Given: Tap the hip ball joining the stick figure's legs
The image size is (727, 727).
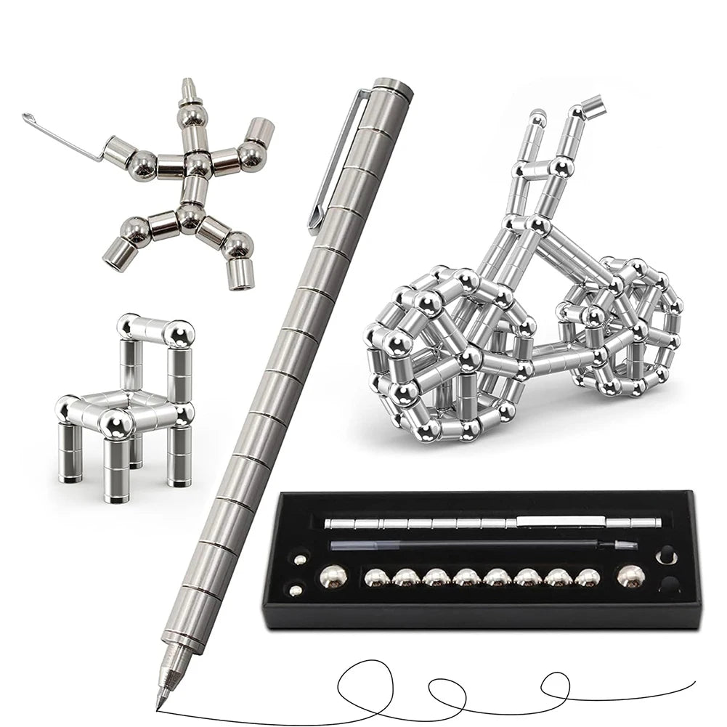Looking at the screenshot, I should [190, 214].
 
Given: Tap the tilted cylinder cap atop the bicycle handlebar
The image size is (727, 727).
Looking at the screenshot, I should [592, 105].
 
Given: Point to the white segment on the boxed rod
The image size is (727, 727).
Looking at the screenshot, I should [559, 521].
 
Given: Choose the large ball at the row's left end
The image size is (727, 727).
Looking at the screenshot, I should [333, 577].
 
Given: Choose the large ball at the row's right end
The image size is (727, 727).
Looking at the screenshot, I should [629, 577].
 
